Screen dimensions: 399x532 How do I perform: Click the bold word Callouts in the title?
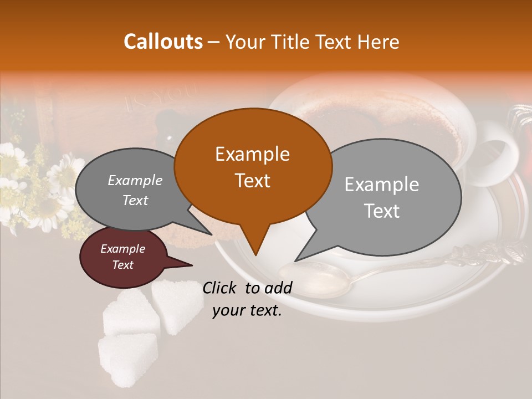tap(163, 42)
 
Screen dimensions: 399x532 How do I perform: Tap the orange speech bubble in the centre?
tap(253, 166)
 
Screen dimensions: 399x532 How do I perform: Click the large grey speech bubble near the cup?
tap(382, 197)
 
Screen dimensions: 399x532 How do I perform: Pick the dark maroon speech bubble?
tap(122, 257)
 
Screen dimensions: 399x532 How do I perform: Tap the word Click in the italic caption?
tap(221, 288)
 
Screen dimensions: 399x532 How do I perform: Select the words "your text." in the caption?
tap(247, 310)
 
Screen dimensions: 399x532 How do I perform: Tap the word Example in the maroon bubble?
tap(122, 249)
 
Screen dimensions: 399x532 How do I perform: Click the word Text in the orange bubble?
tap(253, 180)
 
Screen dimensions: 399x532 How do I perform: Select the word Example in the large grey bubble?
tap(382, 185)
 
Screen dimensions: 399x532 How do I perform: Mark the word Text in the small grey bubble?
tap(135, 200)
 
